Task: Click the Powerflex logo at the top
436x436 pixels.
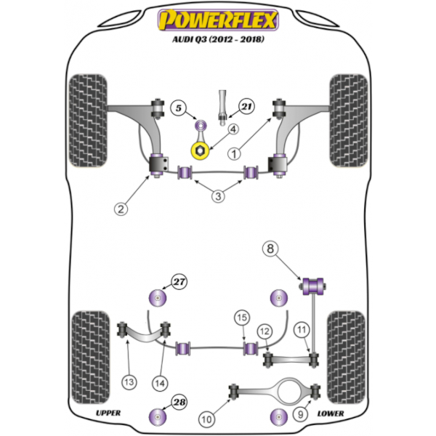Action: click(218, 20)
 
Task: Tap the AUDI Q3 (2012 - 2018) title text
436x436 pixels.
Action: click(218, 39)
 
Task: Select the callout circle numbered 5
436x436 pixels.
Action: click(179, 108)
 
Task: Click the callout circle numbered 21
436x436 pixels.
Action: click(246, 107)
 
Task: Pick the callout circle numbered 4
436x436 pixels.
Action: click(233, 129)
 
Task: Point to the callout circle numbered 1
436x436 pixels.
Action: click(234, 154)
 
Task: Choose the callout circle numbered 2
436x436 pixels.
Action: click(121, 209)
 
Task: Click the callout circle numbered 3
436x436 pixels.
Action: click(218, 196)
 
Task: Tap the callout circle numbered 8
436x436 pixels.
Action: click(270, 249)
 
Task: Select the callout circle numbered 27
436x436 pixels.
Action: click(179, 282)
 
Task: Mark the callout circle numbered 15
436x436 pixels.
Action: click(242, 318)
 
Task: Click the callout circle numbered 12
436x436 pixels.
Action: click(265, 331)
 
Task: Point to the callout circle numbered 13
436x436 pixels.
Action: click(129, 382)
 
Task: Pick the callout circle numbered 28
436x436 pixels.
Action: click(179, 402)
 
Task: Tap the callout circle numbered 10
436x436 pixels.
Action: click(206, 419)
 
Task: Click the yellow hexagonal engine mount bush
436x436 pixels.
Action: click(200, 151)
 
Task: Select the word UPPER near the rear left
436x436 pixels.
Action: click(108, 413)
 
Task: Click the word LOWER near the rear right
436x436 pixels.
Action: click(331, 413)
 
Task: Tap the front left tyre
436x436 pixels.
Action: click(88, 121)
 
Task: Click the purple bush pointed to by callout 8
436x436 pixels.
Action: click(312, 286)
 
